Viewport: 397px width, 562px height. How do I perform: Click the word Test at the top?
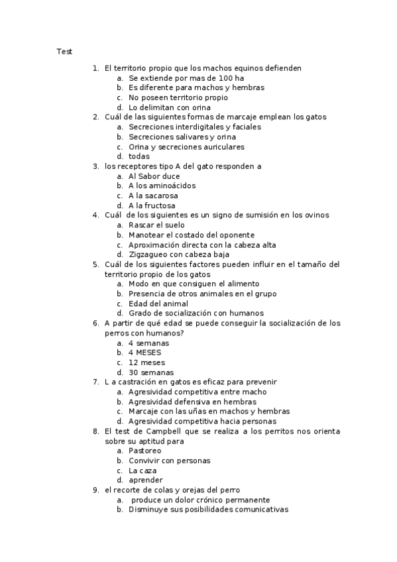64,51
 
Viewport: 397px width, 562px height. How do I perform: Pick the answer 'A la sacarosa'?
153,196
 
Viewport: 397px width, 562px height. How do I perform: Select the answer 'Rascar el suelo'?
156,225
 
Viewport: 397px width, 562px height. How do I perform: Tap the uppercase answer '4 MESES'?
144,353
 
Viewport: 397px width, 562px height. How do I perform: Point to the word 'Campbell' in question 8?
178,431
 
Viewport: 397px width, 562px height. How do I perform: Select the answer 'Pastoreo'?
144,451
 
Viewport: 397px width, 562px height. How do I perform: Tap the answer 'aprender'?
145,480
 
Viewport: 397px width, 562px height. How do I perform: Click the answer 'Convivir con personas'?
169,461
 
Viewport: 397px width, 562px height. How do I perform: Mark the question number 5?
95,264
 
